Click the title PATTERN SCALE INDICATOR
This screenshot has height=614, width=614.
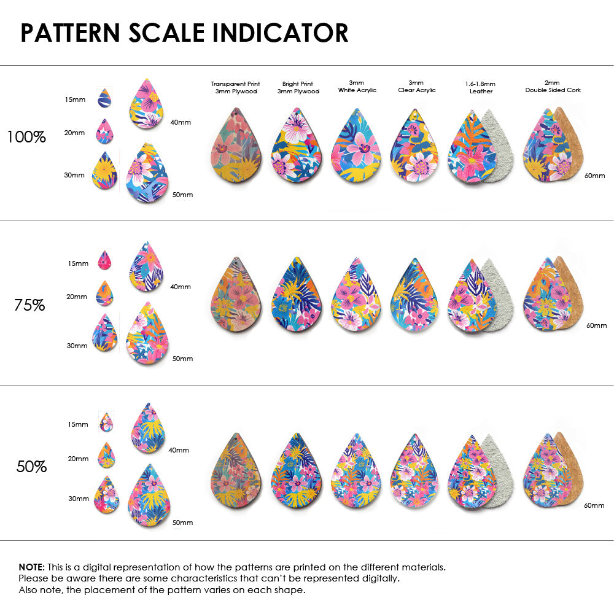tap(184, 33)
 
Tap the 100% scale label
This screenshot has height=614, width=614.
tap(26, 138)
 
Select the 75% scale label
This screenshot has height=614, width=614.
tap(29, 305)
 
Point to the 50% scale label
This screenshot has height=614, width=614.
tap(31, 467)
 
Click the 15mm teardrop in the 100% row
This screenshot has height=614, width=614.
tap(104, 98)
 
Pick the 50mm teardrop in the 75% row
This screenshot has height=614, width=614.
tap(147, 334)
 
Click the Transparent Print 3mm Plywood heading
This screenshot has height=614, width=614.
tap(235, 87)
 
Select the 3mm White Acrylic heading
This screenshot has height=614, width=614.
tap(357, 86)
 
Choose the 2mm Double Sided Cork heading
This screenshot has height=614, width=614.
tap(553, 86)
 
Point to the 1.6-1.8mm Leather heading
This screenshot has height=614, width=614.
tap(481, 87)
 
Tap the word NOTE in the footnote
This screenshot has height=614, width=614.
tap(30, 567)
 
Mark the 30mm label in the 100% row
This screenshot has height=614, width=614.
tap(74, 175)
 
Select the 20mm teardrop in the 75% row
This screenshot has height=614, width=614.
tap(104, 293)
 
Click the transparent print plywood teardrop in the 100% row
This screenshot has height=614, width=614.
tap(236, 147)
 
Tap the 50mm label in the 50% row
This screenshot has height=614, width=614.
tap(182, 523)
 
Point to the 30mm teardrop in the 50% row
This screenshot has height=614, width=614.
tap(106, 494)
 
